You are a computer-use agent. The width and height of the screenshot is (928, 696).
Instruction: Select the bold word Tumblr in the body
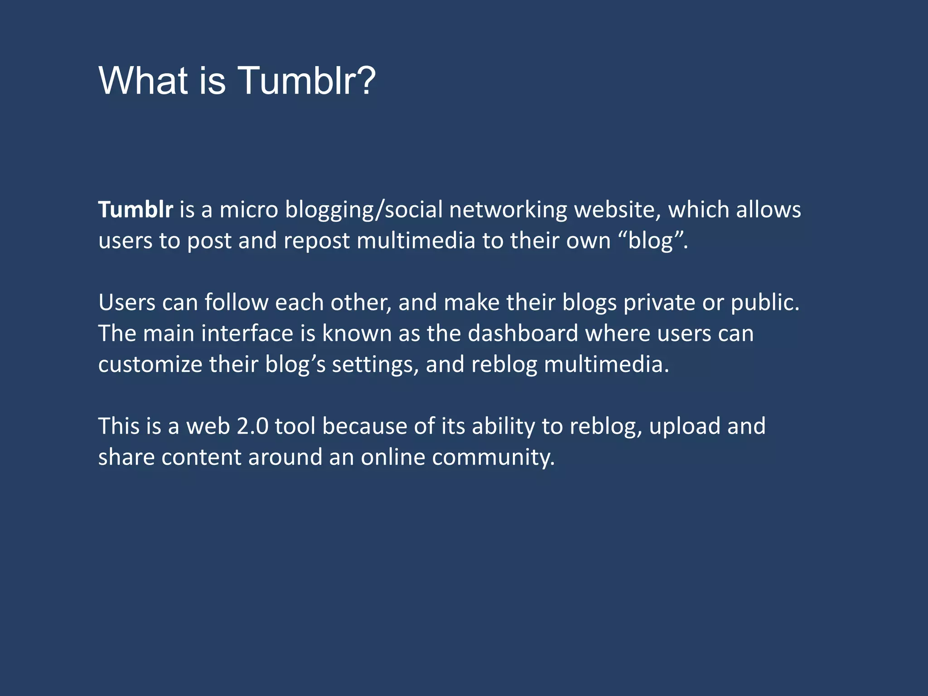(x=135, y=210)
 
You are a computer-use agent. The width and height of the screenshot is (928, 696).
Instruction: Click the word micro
(x=248, y=210)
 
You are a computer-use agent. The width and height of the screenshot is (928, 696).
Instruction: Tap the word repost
(x=317, y=241)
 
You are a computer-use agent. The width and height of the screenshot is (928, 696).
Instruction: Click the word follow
(x=236, y=302)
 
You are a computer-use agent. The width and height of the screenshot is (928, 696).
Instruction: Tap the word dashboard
(x=523, y=333)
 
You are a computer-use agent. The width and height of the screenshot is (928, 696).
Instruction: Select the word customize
(x=150, y=365)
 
